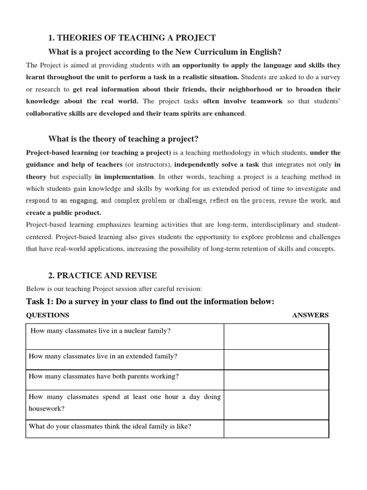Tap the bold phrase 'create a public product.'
[64, 212]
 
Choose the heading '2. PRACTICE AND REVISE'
[103, 276]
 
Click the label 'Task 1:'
[41, 301]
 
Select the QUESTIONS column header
[47, 315]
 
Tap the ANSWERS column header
[310, 315]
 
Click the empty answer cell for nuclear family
[276, 336]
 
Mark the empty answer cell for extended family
[276, 359]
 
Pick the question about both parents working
[104, 377]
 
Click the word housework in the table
[47, 409]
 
